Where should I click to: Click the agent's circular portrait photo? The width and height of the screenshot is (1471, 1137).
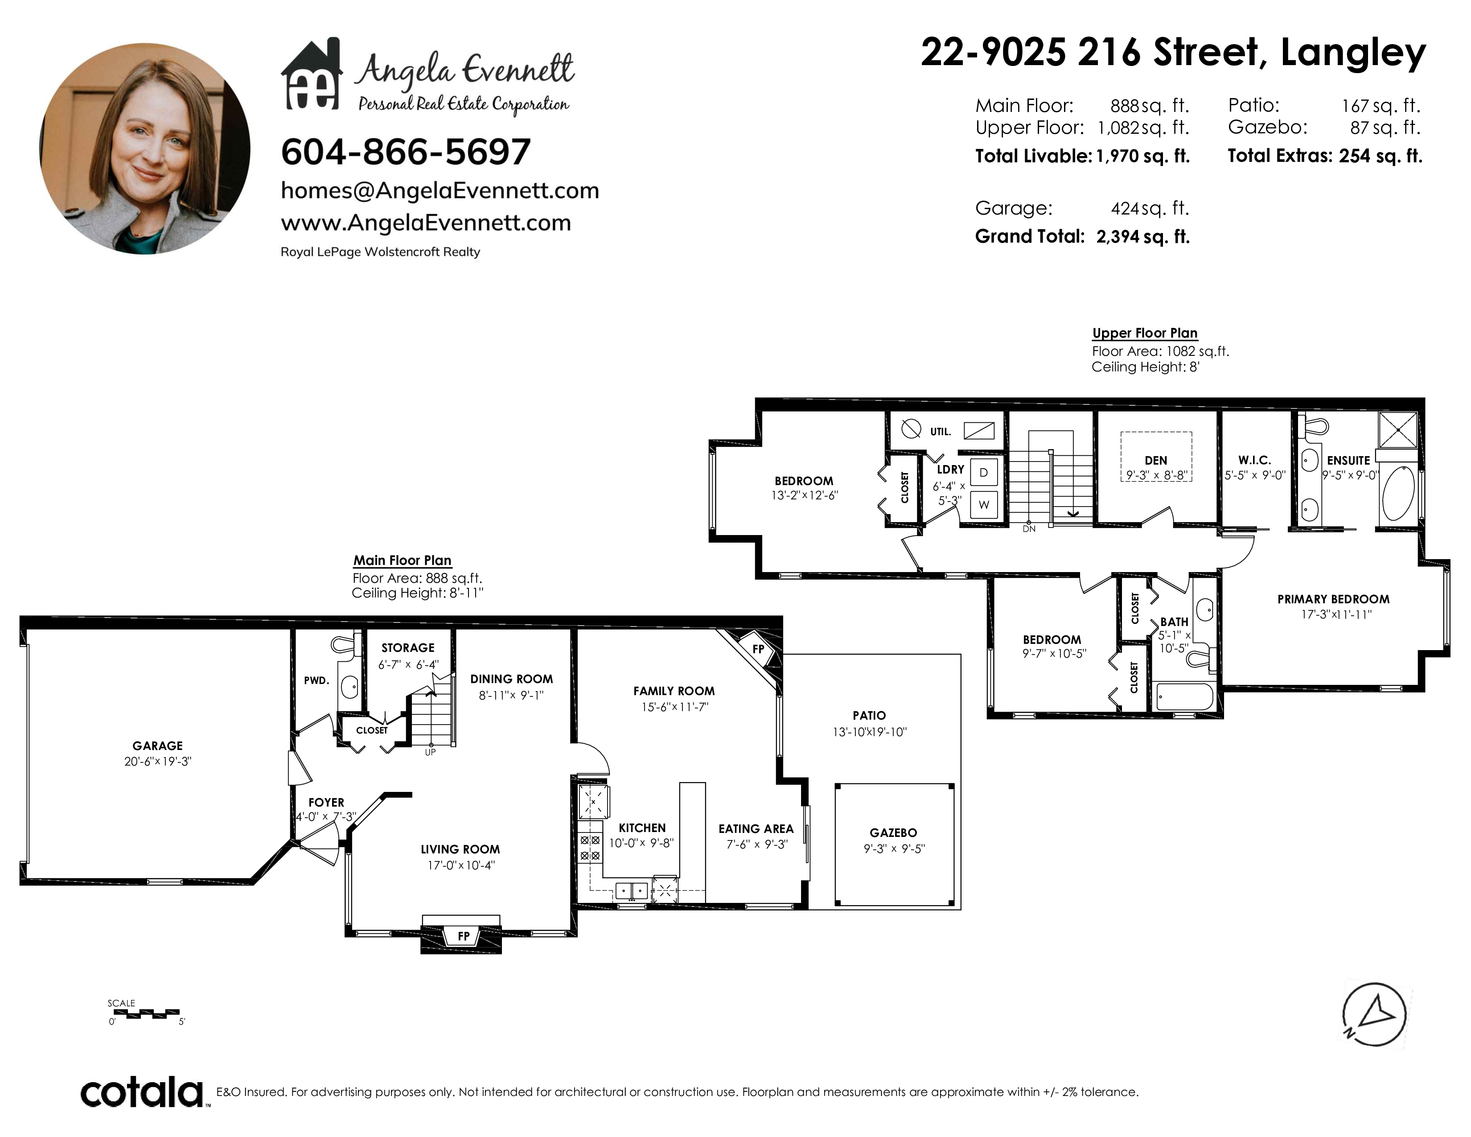145,149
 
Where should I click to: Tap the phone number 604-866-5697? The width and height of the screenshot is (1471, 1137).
406,152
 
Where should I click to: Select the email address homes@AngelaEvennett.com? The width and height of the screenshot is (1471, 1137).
440,191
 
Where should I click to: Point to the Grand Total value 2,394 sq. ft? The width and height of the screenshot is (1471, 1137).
1143,236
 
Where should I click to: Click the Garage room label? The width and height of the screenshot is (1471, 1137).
158,746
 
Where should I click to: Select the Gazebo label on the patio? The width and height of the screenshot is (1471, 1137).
893,832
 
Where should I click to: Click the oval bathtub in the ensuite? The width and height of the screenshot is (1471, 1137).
1398,494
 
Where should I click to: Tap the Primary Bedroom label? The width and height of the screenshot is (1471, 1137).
1333,599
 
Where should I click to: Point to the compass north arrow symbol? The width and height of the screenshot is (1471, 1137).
1374,1014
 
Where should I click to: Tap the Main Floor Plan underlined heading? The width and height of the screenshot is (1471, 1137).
402,560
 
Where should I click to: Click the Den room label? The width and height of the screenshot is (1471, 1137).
1156,460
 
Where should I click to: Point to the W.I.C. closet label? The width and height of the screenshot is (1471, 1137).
1254,460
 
